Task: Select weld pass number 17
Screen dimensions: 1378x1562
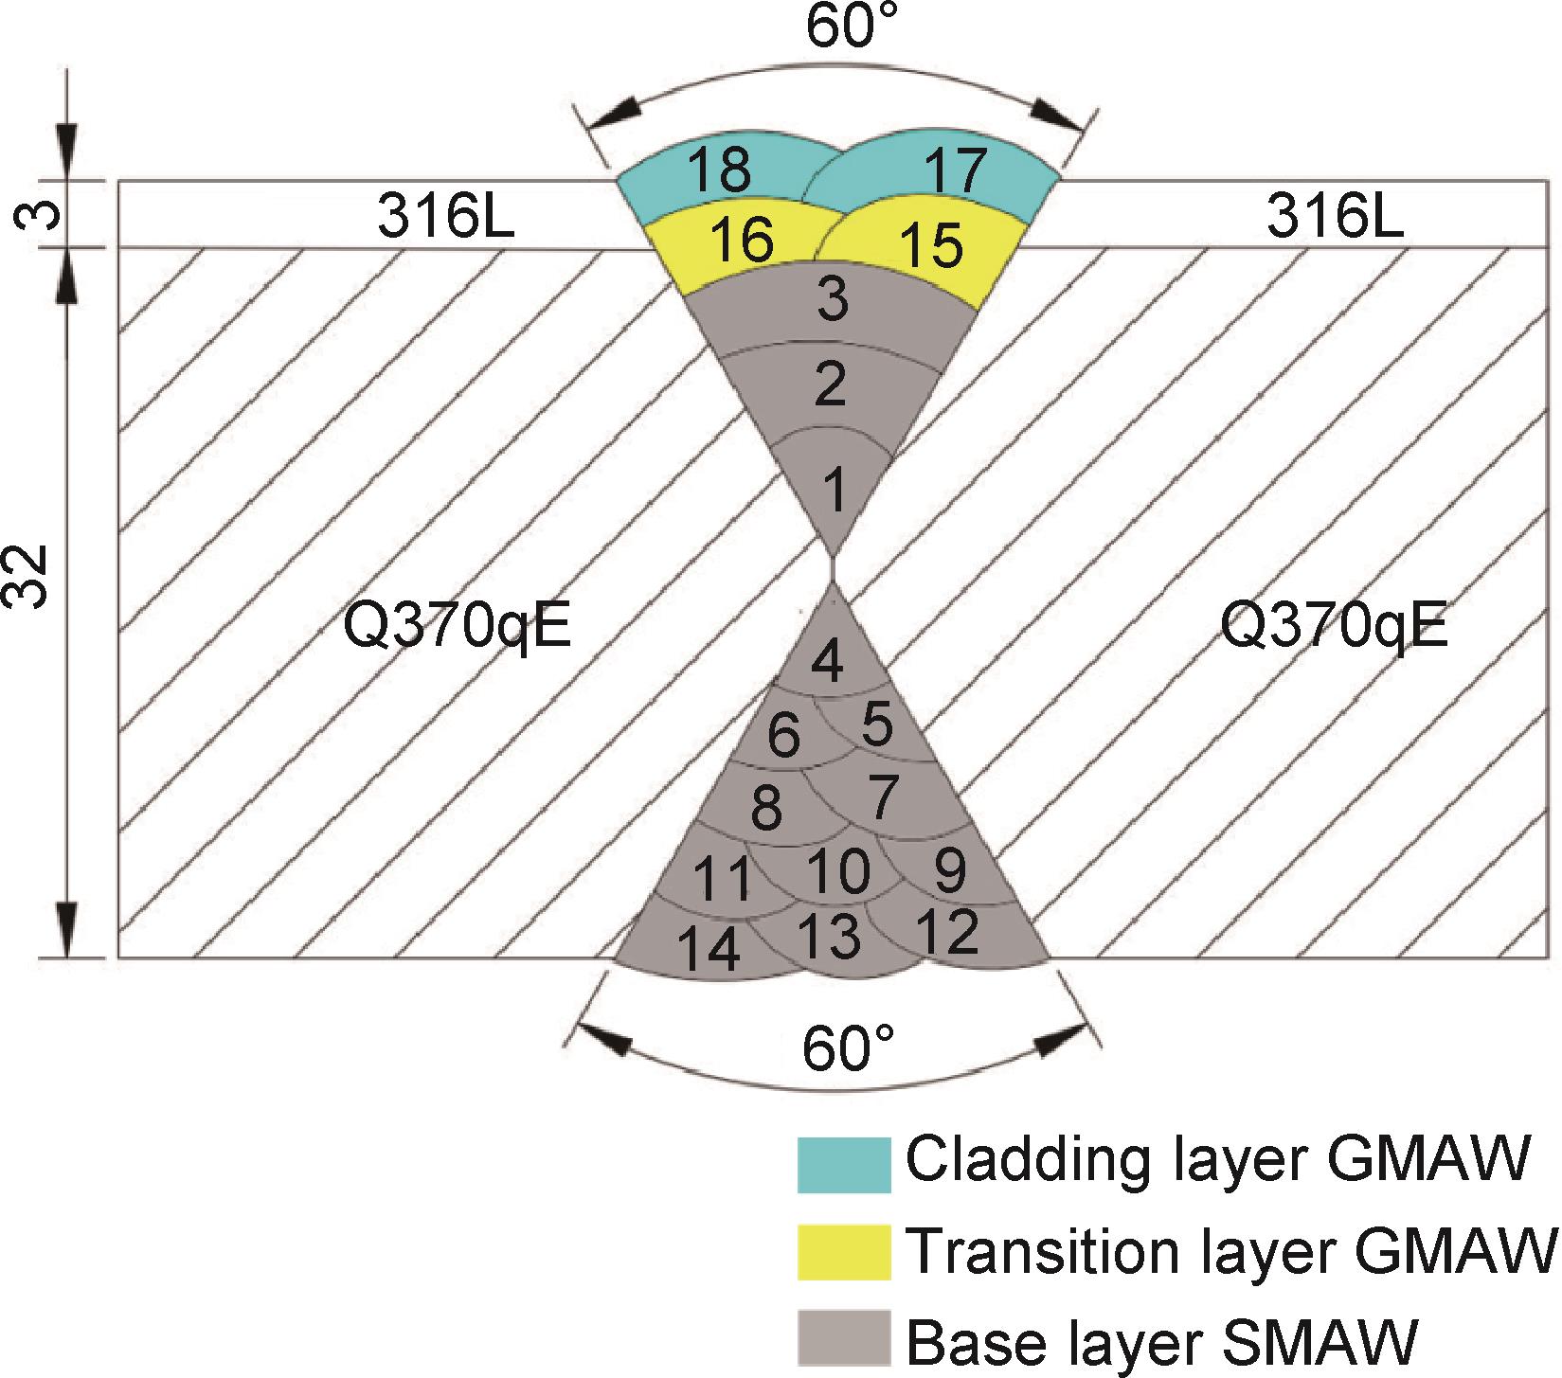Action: click(954, 170)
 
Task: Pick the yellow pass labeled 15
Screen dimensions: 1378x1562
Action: click(931, 243)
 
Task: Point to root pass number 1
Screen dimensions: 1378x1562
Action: click(834, 491)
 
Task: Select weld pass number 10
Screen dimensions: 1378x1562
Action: click(838, 870)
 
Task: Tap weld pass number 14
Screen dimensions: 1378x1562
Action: click(710, 950)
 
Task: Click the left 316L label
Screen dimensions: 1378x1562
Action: click(446, 219)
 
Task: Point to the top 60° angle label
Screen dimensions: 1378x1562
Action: click(850, 27)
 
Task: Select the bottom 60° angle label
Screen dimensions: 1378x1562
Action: click(848, 1049)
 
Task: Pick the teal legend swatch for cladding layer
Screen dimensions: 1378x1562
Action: click(843, 1163)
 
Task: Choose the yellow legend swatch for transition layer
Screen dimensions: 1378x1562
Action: click(843, 1252)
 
